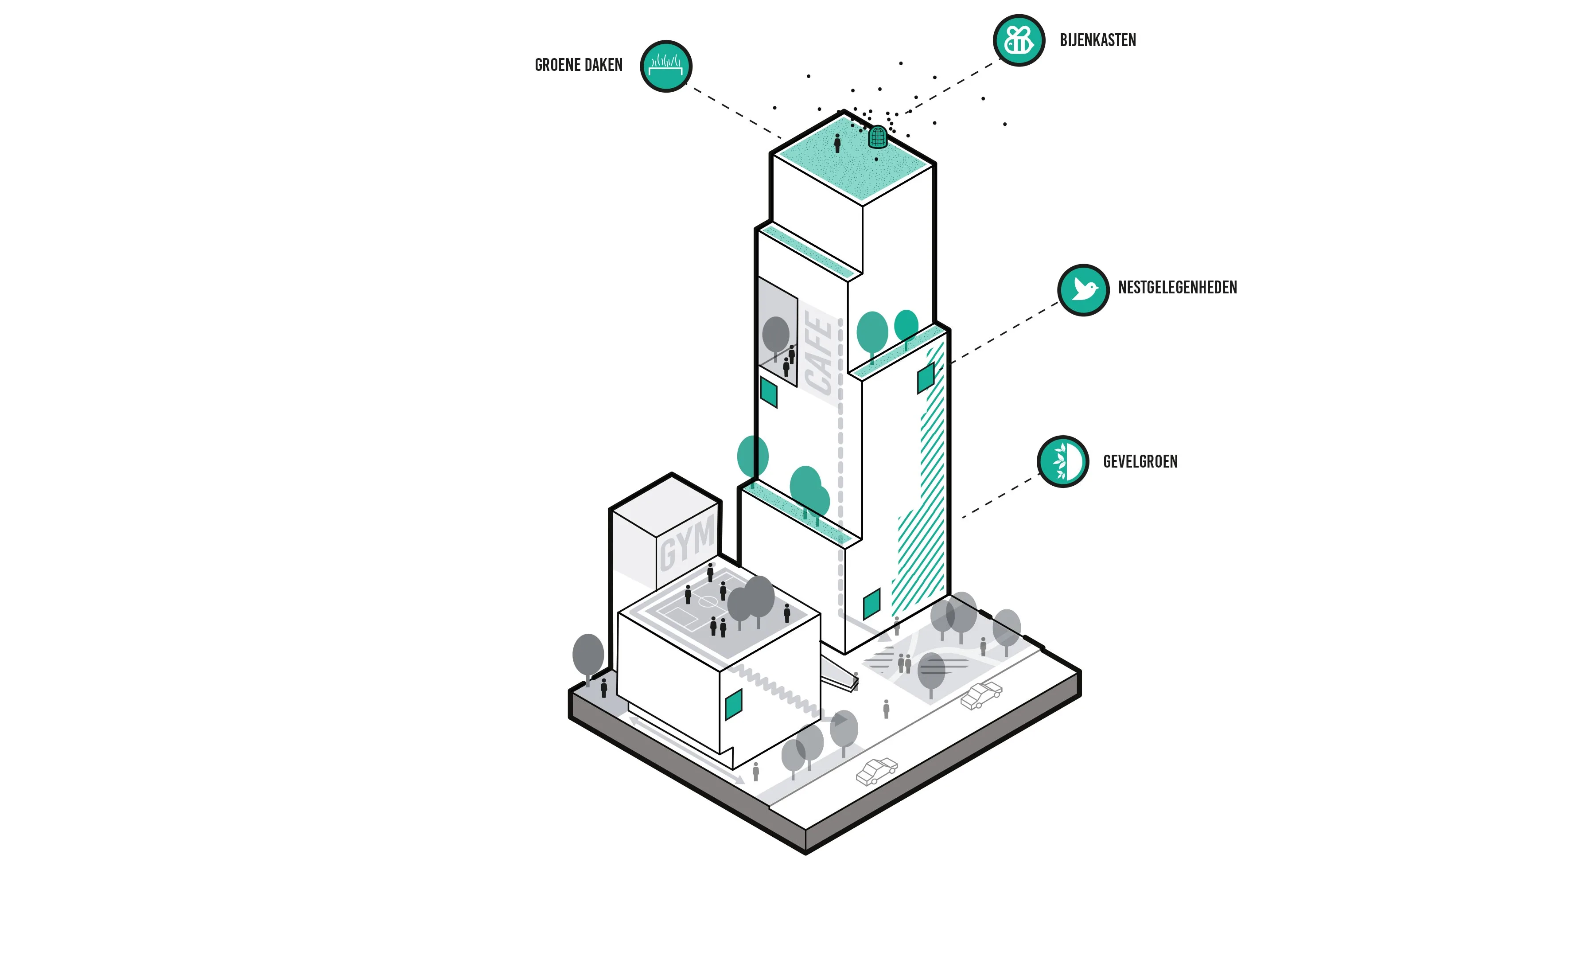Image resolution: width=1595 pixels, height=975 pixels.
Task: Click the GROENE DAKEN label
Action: pos(578,66)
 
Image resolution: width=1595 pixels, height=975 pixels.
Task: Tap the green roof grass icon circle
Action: pos(666,66)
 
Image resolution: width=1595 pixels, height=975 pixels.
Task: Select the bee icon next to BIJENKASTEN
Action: pos(1019,40)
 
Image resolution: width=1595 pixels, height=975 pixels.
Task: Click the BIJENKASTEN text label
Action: pos(1098,40)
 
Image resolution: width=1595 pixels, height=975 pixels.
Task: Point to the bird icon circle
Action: pos(1083,289)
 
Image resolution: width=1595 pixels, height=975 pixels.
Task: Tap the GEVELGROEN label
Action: pos(1140,462)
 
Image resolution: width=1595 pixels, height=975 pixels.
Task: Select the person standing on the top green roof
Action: pos(837,143)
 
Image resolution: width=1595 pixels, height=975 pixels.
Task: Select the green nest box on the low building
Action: pos(733,704)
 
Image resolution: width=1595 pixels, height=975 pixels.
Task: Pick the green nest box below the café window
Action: pos(768,392)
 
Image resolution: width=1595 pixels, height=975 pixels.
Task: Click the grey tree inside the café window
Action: pos(775,335)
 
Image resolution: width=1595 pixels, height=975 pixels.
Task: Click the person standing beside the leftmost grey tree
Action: pos(604,687)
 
